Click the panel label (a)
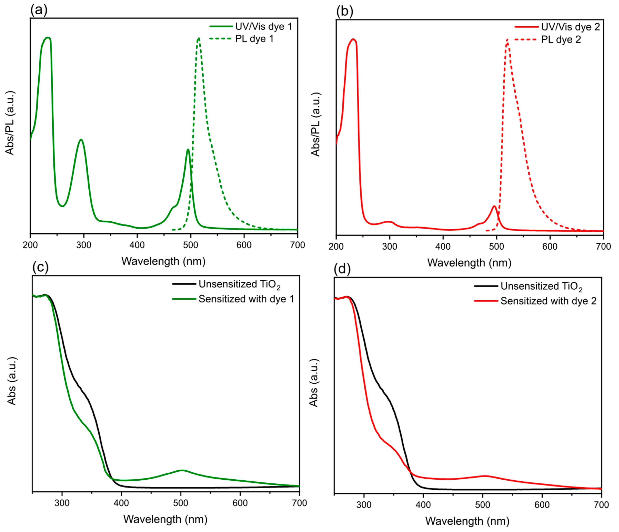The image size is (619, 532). (39, 11)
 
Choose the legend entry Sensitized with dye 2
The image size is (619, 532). (548, 301)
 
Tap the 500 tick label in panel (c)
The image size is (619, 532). (181, 503)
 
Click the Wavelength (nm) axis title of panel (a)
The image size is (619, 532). (163, 261)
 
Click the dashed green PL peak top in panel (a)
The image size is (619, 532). (199, 38)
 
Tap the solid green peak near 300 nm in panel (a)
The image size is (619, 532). (81, 140)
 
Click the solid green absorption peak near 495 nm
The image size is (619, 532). (188, 149)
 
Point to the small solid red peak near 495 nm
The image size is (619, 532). (494, 206)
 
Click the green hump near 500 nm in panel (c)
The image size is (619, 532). (182, 470)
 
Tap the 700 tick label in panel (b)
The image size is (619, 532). (603, 247)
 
